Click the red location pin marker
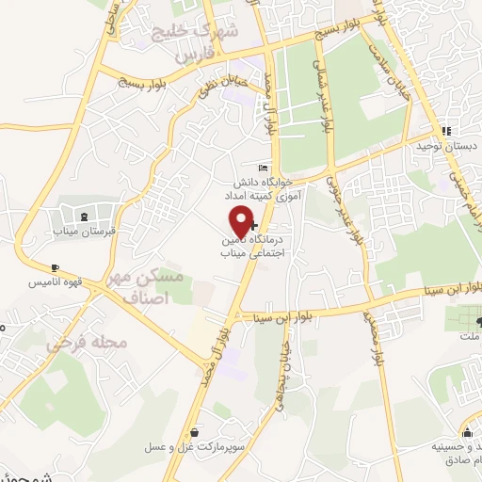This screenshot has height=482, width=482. click(x=242, y=220)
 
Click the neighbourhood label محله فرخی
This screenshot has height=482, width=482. click(x=87, y=344)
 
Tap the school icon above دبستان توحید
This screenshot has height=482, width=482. click(x=447, y=131)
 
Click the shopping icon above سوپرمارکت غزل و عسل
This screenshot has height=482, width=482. click(x=194, y=432)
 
